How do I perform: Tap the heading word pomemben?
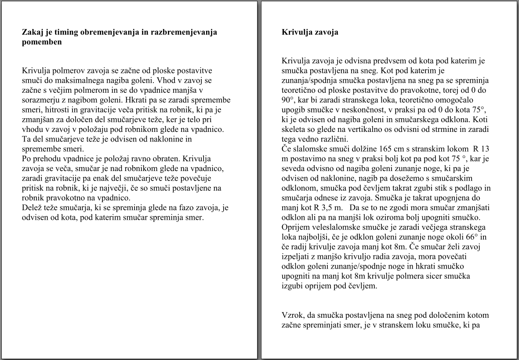pyautogui.click(x=42, y=42)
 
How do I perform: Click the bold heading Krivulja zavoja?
pyautogui.click(x=310, y=32)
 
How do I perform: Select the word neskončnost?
pyautogui.click(x=377, y=109)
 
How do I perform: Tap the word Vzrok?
pyautogui.click(x=291, y=315)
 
